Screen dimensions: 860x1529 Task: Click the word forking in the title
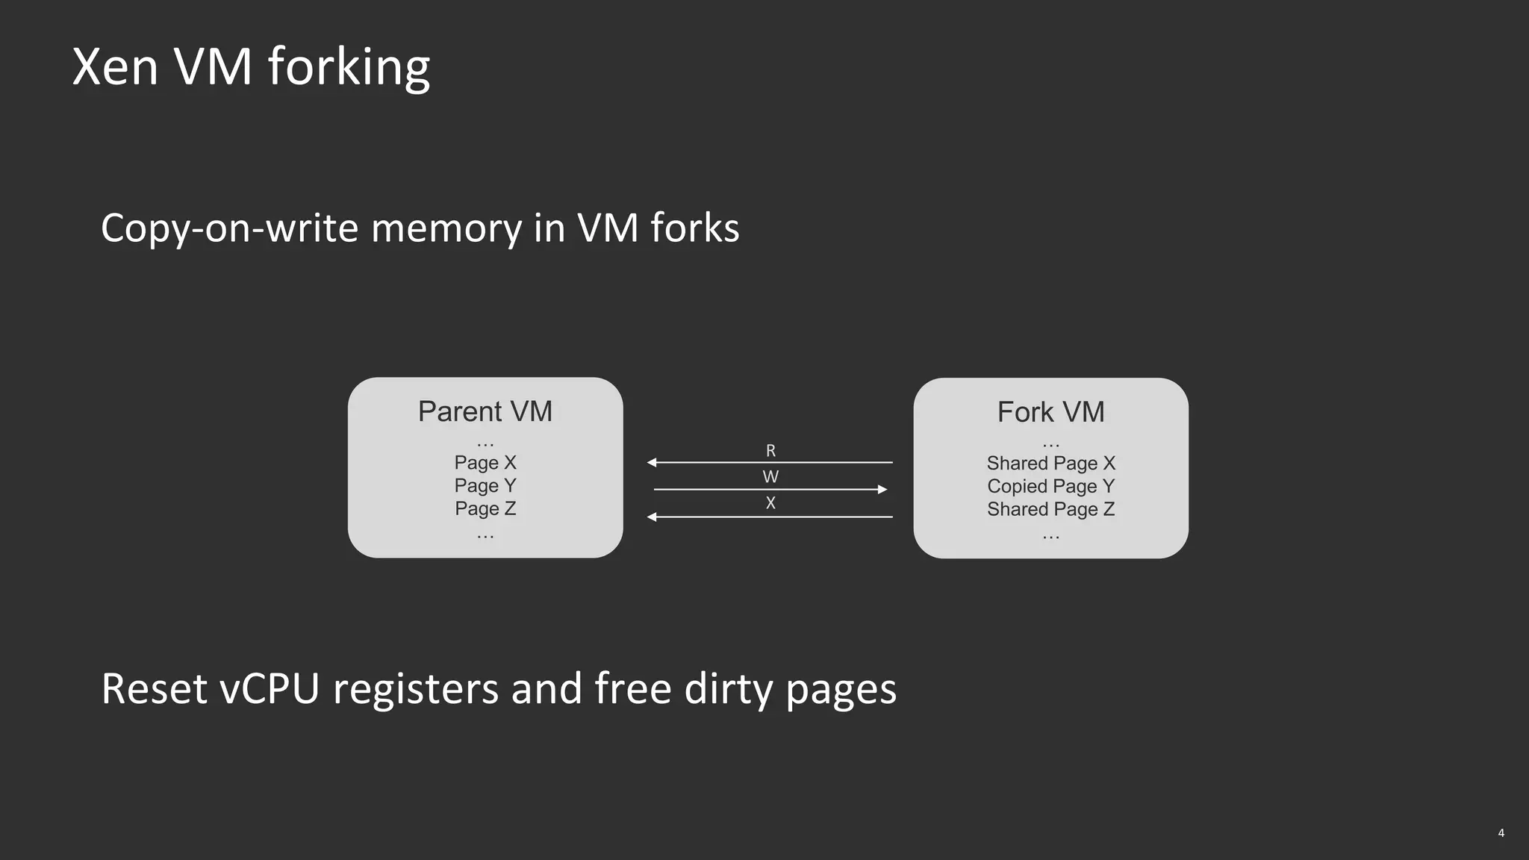point(349,67)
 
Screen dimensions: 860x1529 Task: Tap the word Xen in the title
point(115,67)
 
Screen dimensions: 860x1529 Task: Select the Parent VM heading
point(485,411)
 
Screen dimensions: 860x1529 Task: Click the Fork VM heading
point(1050,412)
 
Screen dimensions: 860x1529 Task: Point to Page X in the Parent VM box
point(485,463)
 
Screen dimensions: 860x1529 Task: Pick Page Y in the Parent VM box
point(485,486)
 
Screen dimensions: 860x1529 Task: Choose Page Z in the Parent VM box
point(485,508)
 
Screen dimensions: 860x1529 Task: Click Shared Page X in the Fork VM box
point(1050,464)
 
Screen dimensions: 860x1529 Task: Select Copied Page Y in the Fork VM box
point(1050,487)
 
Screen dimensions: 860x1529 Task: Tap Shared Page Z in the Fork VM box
point(1050,509)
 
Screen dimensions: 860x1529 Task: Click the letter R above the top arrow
point(770,451)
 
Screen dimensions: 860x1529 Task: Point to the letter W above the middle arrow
point(770,477)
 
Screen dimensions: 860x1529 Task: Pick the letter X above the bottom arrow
point(770,503)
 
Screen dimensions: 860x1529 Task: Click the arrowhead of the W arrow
point(882,490)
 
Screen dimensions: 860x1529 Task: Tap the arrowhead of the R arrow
point(652,463)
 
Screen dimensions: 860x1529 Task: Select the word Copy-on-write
point(229,228)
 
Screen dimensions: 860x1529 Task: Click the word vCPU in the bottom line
point(270,688)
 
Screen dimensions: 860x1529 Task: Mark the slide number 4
point(1501,833)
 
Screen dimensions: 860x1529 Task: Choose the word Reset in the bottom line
point(154,688)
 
